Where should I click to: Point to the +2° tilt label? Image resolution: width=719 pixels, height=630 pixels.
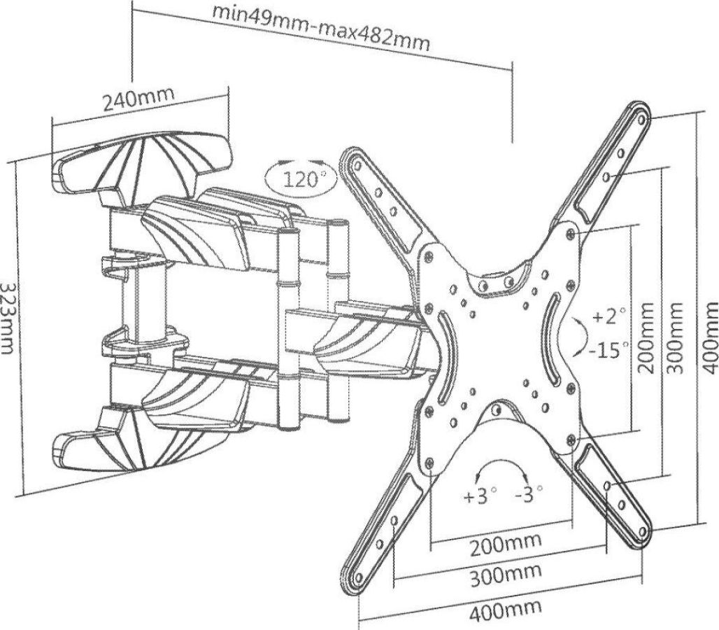pos(607,317)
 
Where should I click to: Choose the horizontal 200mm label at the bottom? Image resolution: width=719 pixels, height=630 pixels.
pos(505,544)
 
